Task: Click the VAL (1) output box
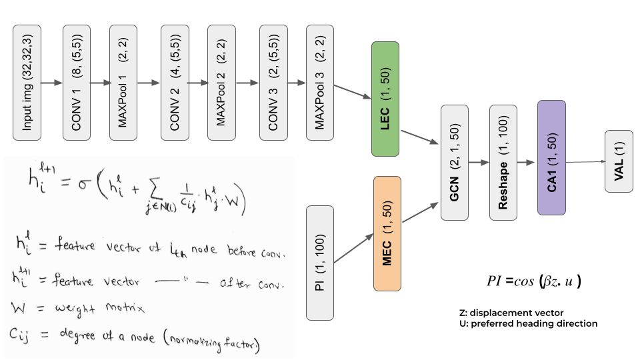[619, 161]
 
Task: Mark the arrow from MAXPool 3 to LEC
[352, 91]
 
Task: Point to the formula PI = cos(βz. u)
[535, 281]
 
